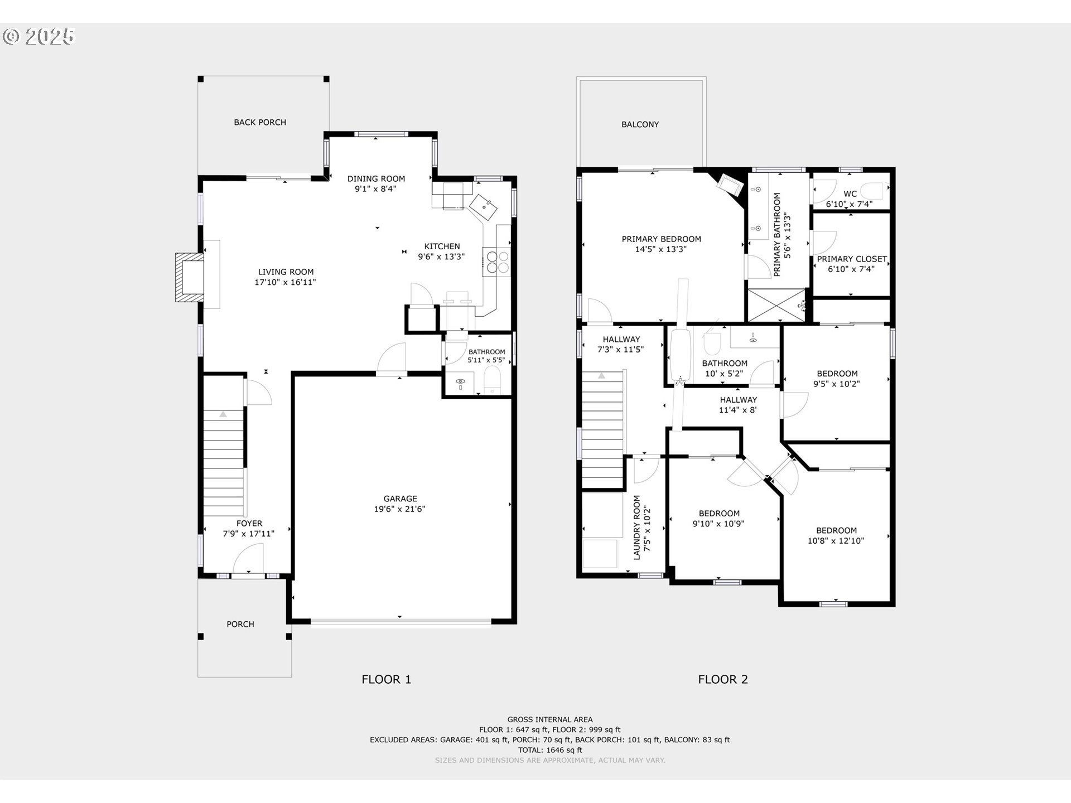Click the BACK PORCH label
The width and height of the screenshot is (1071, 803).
tap(260, 122)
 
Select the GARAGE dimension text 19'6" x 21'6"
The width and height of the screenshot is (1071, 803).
tap(400, 509)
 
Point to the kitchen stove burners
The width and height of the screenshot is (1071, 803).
tap(498, 262)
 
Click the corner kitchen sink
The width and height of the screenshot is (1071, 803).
tap(483, 207)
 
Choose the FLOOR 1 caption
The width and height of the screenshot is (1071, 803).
tap(386, 679)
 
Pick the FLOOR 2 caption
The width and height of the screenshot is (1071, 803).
tap(723, 679)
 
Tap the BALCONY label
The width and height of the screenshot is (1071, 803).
tap(640, 124)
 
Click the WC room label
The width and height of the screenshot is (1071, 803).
tap(850, 194)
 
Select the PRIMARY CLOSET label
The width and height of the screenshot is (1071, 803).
tap(852, 259)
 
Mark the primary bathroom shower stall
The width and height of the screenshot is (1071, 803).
tap(776, 305)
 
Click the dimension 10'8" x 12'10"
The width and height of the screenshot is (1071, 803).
tap(836, 541)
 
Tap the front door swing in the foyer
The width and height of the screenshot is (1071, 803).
tap(248, 558)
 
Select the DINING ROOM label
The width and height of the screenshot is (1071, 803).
tap(377, 178)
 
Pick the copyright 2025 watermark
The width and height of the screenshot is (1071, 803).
tap(38, 37)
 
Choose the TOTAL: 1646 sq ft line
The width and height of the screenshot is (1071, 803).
tap(550, 750)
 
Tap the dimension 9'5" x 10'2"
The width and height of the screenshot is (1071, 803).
tap(837, 384)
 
